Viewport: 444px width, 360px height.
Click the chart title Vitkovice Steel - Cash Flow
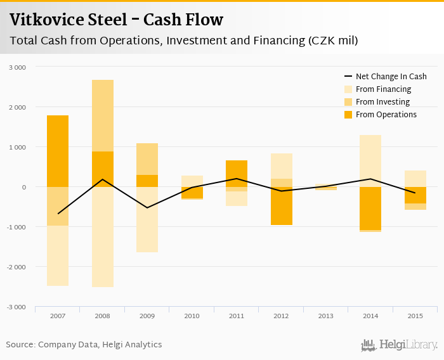click(x=116, y=20)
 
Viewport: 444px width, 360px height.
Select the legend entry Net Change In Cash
click(x=391, y=77)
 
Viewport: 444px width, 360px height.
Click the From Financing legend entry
click(x=383, y=89)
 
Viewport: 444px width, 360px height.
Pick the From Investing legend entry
click(x=382, y=102)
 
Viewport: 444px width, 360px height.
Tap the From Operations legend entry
click(x=386, y=115)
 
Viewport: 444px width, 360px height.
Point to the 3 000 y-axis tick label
click(x=17, y=67)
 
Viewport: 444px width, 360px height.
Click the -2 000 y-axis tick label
click(x=16, y=267)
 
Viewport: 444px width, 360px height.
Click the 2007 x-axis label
click(x=58, y=316)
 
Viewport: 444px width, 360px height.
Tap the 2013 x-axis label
click(x=326, y=316)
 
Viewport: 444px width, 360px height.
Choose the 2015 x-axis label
click(x=415, y=316)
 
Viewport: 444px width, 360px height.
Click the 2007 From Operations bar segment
click(x=58, y=151)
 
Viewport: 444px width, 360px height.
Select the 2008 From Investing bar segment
click(x=103, y=115)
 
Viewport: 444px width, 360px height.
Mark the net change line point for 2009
click(x=147, y=207)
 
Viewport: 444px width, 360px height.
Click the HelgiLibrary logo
click(x=399, y=345)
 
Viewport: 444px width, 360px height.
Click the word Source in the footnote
click(x=20, y=345)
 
